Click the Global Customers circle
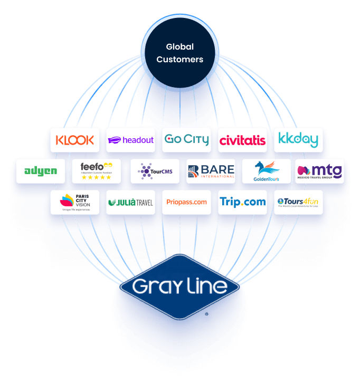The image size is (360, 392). tap(179, 53)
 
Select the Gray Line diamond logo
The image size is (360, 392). tap(179, 287)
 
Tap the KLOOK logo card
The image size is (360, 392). tap(75, 140)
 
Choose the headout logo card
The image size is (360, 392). tap(130, 140)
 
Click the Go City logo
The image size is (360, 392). tap(186, 140)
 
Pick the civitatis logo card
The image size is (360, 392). tap(242, 140)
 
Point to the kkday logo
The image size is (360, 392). tap(298, 140)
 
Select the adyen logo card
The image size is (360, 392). tap(41, 171)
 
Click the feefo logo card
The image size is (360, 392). tap(96, 171)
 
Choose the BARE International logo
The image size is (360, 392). tap(211, 171)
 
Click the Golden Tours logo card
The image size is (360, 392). tap(267, 171)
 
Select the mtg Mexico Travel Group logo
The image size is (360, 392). tap(319, 171)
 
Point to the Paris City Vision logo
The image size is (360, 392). tap(75, 202)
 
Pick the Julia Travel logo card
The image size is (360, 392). tap(130, 202)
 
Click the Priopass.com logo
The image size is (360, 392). tap(186, 202)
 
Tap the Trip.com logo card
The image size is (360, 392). tap(242, 202)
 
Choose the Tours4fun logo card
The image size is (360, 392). tap(298, 202)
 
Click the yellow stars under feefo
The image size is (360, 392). tap(96, 177)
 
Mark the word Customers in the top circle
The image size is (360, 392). tap(179, 59)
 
